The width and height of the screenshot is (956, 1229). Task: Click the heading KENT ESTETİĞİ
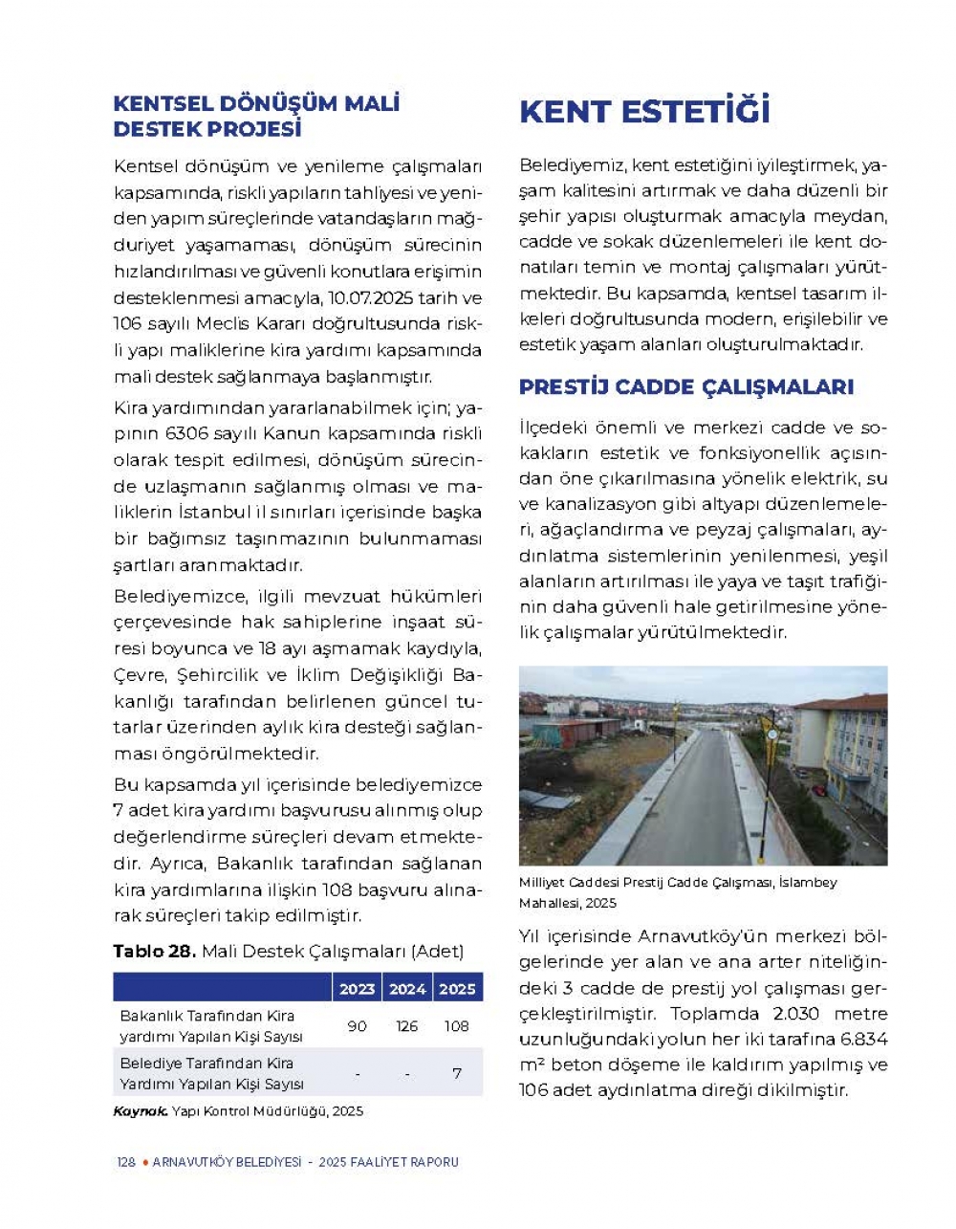click(644, 112)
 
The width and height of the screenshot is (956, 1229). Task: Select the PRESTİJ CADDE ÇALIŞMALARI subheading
click(685, 387)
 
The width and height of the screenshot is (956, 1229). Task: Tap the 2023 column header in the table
click(357, 989)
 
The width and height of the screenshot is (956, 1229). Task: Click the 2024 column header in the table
click(407, 989)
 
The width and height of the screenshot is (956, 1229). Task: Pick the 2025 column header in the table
click(457, 989)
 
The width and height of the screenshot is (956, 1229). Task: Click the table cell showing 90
click(357, 1026)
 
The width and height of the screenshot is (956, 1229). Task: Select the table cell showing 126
click(407, 1026)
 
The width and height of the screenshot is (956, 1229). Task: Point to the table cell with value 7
click(457, 1073)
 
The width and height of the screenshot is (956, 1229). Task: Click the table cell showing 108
click(457, 1026)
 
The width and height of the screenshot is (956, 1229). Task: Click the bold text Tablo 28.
click(154, 952)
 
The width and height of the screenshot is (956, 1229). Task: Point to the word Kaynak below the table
click(140, 1111)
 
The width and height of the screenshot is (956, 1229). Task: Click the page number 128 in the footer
click(126, 1163)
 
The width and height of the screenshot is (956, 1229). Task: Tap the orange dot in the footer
click(145, 1163)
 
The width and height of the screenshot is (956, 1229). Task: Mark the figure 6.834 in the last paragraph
click(864, 1040)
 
